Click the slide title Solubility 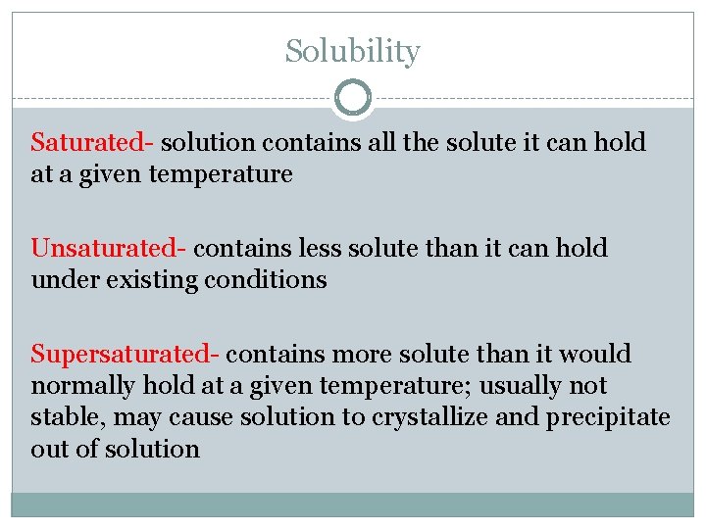click(352, 51)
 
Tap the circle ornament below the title click(353, 98)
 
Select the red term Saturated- click(92, 143)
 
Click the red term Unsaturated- click(109, 249)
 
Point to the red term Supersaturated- click(126, 354)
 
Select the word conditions click(266, 280)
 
